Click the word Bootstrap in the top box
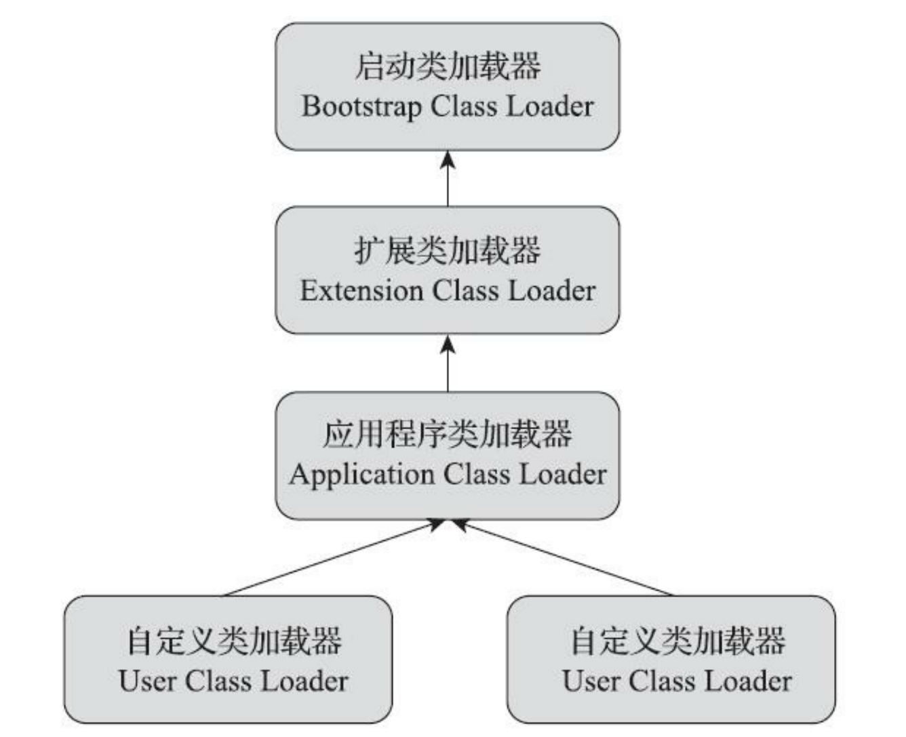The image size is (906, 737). click(x=361, y=107)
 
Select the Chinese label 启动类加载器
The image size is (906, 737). click(x=448, y=66)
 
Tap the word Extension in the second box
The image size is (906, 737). click(x=361, y=291)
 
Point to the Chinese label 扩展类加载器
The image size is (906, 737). click(x=448, y=250)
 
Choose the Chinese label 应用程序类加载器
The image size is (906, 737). click(x=448, y=434)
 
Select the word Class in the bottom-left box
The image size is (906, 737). click(x=218, y=681)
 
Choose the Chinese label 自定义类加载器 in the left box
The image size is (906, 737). click(x=234, y=641)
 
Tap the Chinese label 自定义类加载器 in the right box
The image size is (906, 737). click(x=677, y=641)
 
